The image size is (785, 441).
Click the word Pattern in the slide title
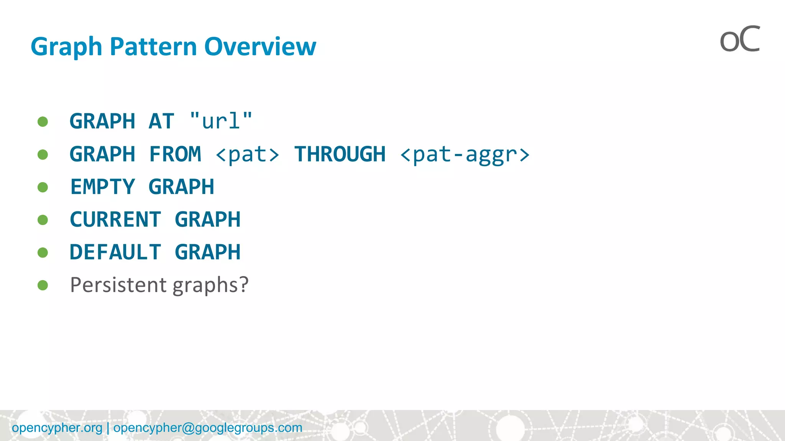coord(153,46)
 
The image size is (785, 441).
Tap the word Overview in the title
coord(260,46)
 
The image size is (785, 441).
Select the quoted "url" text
coord(221,121)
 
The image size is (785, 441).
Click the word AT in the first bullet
coord(161,121)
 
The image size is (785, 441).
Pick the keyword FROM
coord(175,154)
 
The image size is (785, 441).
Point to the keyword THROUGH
coord(340,154)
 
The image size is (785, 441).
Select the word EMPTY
coord(103,187)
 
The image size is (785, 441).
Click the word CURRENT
coord(115,220)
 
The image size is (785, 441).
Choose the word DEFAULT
coord(115,252)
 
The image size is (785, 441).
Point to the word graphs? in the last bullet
coord(210,286)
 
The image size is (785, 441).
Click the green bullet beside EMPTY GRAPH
coord(43,187)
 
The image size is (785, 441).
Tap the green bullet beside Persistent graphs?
coord(43,285)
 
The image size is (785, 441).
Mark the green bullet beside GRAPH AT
coord(43,122)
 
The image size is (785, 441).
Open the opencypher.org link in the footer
coord(57,428)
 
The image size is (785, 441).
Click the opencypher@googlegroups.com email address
coord(208,428)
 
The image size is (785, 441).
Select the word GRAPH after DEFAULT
coord(207,252)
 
